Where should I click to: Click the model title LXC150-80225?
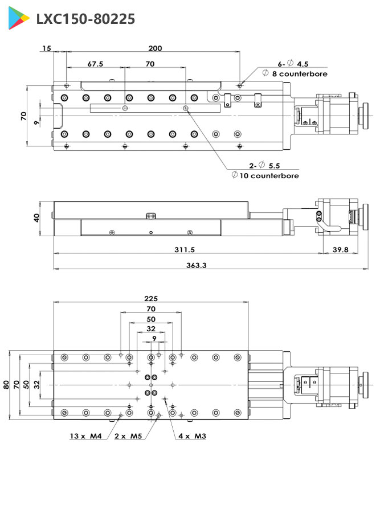[85, 19]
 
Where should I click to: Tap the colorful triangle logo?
[19, 19]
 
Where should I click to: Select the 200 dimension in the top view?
[155, 48]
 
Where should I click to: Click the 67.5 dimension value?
[96, 64]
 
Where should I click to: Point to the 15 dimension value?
[46, 48]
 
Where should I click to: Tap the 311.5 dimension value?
[185, 249]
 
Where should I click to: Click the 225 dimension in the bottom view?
[151, 298]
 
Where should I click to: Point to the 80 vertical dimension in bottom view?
[6, 384]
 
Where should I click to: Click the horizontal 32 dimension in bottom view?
[151, 328]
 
